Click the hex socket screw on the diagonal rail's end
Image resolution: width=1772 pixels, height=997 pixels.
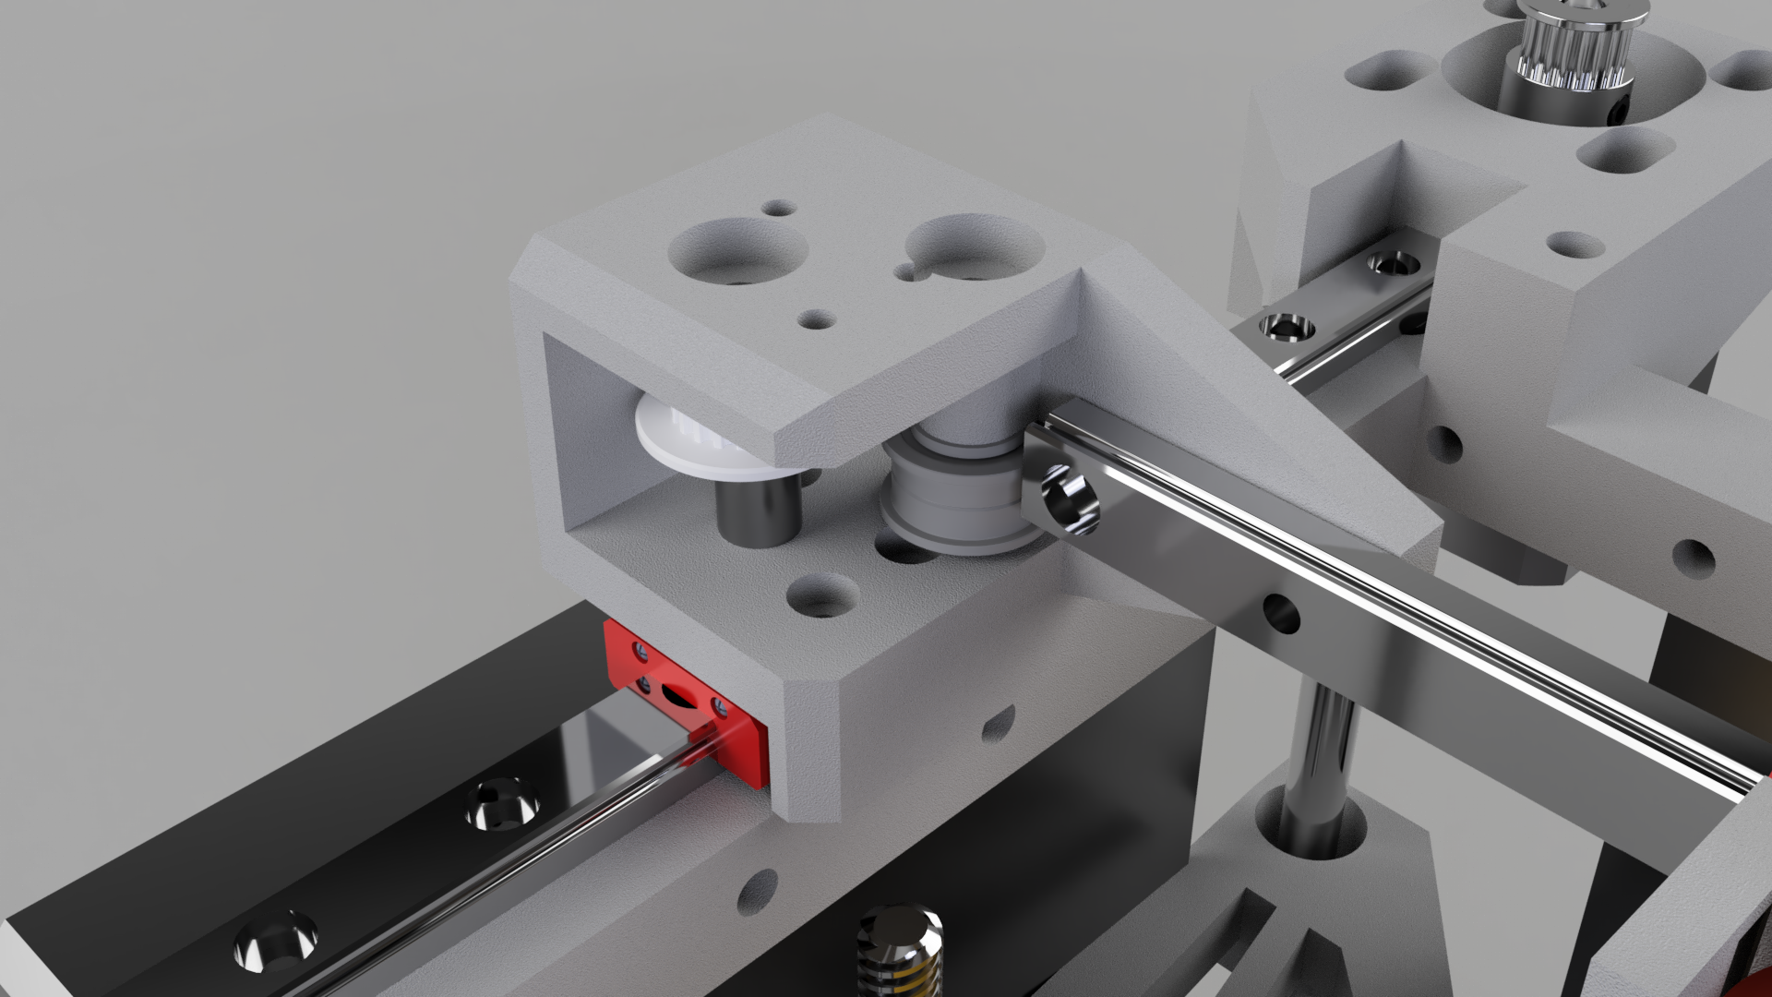(1071, 503)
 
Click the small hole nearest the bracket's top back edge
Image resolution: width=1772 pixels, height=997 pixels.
(780, 208)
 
